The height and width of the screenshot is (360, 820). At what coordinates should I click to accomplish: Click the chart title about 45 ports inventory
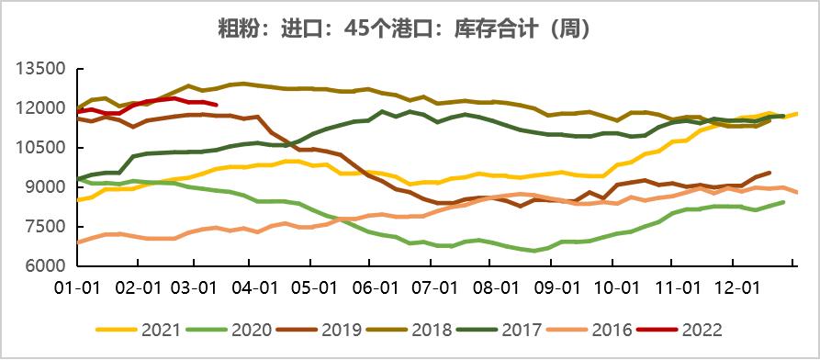pyautogui.click(x=410, y=28)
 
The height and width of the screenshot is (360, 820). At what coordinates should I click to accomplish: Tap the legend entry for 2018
pyautogui.click(x=428, y=329)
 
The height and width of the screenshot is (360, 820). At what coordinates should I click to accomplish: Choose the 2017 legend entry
pyautogui.click(x=520, y=329)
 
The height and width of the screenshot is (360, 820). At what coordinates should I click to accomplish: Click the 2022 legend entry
pyautogui.click(x=703, y=329)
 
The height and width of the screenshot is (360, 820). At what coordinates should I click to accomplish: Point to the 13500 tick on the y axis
pyautogui.click(x=39, y=69)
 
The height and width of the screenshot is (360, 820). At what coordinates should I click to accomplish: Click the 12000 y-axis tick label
pyautogui.click(x=39, y=108)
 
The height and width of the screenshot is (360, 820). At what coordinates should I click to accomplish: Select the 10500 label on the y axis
pyautogui.click(x=39, y=148)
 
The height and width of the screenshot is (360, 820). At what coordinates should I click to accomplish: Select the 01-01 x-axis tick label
pyautogui.click(x=78, y=288)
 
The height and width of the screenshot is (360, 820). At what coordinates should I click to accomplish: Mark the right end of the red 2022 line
pyautogui.click(x=216, y=105)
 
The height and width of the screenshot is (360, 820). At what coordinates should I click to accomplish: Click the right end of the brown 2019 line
pyautogui.click(x=769, y=172)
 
